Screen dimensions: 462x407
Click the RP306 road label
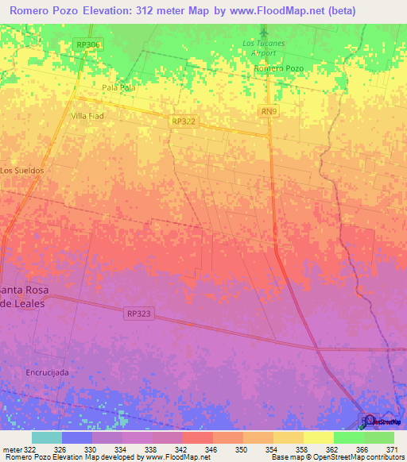[x=89, y=46]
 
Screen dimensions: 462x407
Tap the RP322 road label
[x=183, y=121]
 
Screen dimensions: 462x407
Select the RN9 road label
[x=268, y=113]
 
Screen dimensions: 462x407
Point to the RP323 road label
[x=137, y=314]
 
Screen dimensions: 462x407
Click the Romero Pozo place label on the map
[x=279, y=69]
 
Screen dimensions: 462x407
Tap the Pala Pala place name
[x=119, y=87]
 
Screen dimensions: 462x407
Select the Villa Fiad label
[x=88, y=116]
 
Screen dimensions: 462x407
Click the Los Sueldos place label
[x=21, y=171]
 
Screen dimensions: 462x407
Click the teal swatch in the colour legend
[x=46, y=437]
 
